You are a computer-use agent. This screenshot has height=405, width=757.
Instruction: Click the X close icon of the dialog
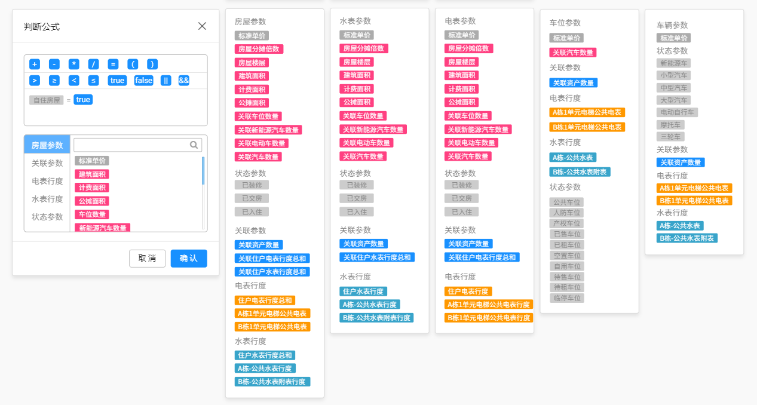pyautogui.click(x=202, y=26)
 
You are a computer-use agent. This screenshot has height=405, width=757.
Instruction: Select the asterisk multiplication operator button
pyautogui.click(x=73, y=65)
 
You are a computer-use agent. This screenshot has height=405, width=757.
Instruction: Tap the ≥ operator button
pyautogui.click(x=54, y=80)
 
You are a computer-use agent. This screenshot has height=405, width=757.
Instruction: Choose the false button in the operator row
pyautogui.click(x=143, y=80)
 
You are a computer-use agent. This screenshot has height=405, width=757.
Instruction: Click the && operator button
pyautogui.click(x=183, y=80)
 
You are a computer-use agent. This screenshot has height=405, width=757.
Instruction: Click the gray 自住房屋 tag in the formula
pyautogui.click(x=47, y=100)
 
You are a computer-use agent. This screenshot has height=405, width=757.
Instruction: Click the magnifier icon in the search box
pyautogui.click(x=194, y=145)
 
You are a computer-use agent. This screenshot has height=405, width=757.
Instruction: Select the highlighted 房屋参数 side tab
pyautogui.click(x=47, y=145)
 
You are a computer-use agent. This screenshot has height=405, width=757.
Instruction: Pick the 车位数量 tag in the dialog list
pyautogui.click(x=91, y=214)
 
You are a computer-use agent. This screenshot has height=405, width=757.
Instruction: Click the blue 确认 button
pyautogui.click(x=189, y=258)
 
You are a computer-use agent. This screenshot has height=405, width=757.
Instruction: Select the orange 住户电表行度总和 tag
pyautogui.click(x=265, y=300)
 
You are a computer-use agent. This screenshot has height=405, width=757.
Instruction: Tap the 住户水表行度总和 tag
pyautogui.click(x=265, y=355)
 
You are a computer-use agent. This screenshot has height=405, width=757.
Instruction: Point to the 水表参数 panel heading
pyautogui.click(x=355, y=22)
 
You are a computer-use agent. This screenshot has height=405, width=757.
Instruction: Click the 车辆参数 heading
pyautogui.click(x=672, y=25)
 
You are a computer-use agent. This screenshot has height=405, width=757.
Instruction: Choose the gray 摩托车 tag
pyautogui.click(x=670, y=125)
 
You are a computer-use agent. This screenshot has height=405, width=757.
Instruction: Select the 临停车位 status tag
pyautogui.click(x=566, y=298)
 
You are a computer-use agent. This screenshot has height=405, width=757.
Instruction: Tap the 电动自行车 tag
pyautogui.click(x=677, y=112)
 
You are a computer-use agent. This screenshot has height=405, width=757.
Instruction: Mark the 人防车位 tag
pyautogui.click(x=566, y=213)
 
